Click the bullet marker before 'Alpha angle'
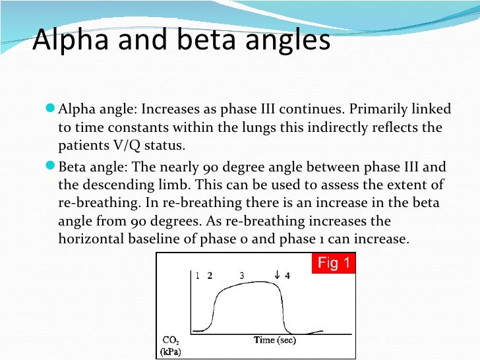(52, 108)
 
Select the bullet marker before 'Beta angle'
(52, 165)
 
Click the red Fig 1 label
(334, 264)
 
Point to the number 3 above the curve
(242, 276)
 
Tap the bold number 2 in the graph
(210, 276)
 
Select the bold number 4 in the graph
(287, 276)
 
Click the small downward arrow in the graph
(278, 276)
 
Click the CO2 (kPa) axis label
(173, 345)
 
